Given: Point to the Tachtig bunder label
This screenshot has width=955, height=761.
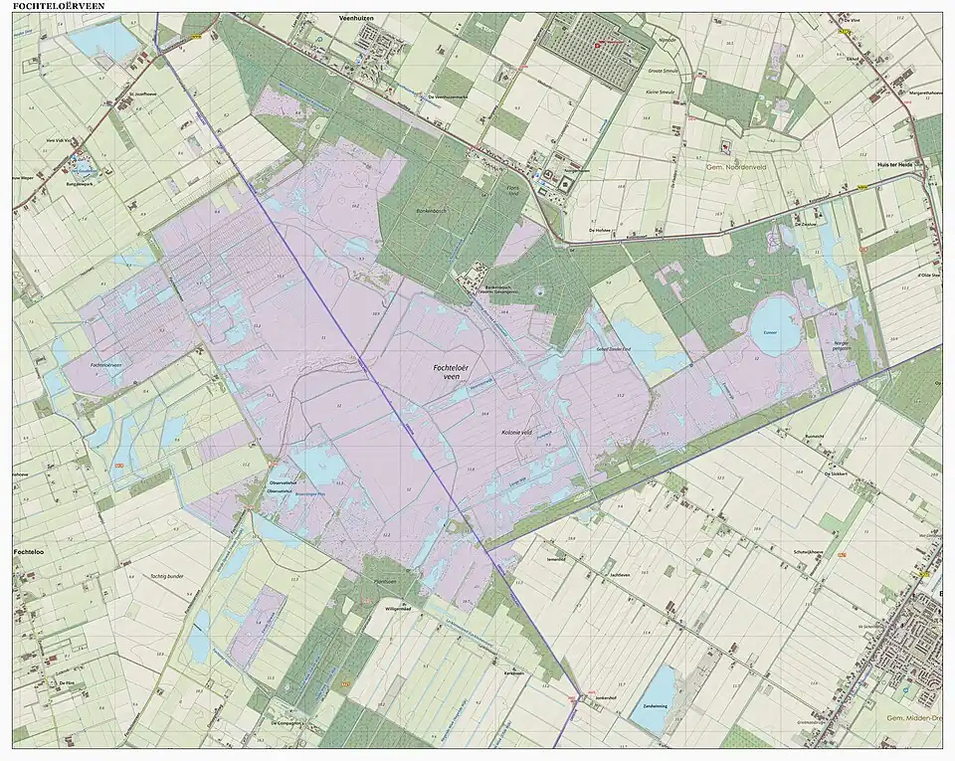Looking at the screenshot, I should (x=168, y=576).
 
